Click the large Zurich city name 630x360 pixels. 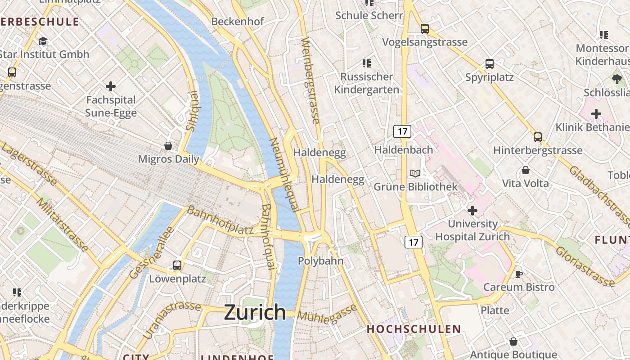point(255,312)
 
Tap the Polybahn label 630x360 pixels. point(320,261)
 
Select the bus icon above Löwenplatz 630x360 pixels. point(177,265)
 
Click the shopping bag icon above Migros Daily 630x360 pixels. point(168,145)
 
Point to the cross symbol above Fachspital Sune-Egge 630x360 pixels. point(111,86)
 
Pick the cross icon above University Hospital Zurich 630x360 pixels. point(472,210)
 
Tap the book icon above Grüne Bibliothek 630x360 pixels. point(415,173)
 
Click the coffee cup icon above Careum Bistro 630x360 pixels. point(518,274)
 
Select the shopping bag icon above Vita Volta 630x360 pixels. point(525,170)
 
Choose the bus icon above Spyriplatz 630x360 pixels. point(490,64)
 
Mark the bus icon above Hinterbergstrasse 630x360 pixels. point(537,137)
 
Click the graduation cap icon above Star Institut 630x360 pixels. point(43,41)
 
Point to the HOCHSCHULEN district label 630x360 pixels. point(414,329)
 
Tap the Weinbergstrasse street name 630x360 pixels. point(310,81)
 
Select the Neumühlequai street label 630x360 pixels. point(284,174)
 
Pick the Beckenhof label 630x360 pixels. point(238,22)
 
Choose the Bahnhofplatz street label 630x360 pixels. point(220,220)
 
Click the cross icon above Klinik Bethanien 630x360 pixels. point(596,114)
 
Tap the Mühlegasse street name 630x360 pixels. point(327,314)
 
